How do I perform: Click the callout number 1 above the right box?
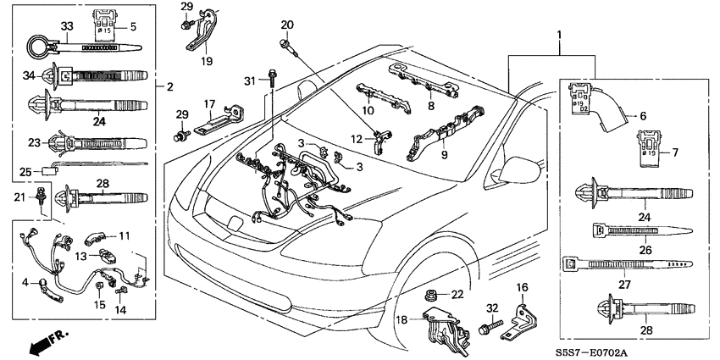(x=557, y=36)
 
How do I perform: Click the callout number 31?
(x=249, y=80)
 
